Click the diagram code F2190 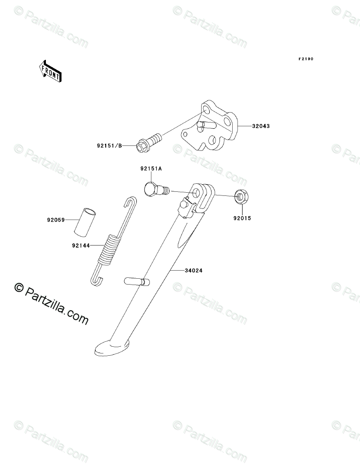(305, 59)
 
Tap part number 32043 (261, 127)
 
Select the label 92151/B (109, 145)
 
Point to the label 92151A (151, 168)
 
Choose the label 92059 (55, 220)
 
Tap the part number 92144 (81, 246)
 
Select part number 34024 (193, 271)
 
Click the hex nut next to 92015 (240, 196)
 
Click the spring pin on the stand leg (137, 281)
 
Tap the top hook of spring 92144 (131, 201)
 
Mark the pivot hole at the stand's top (197, 194)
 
